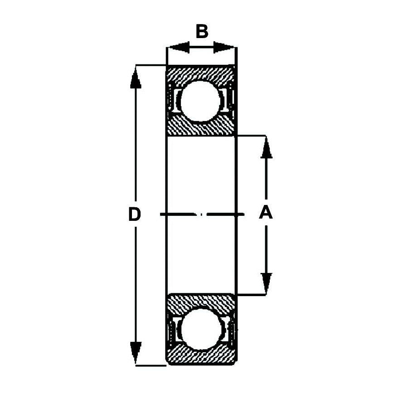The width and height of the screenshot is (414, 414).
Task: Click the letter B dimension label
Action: [x=202, y=31]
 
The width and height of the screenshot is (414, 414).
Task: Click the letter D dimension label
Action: [x=134, y=214]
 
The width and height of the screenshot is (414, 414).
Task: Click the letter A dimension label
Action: [x=266, y=213]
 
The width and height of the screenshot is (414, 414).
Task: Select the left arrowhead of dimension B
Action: [x=179, y=47]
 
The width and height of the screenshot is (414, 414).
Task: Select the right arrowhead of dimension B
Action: [x=224, y=47]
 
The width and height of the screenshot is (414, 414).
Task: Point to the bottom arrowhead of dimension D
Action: [x=136, y=353]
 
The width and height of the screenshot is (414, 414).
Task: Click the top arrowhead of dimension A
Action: [x=266, y=147]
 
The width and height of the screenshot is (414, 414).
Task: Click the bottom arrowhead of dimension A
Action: [x=266, y=283]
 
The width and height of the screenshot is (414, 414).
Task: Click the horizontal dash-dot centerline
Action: [x=202, y=214]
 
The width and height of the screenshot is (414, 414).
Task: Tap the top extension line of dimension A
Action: [x=251, y=136]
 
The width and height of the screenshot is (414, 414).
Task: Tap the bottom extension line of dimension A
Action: [x=251, y=294]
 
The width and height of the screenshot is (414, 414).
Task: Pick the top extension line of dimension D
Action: [x=151, y=65]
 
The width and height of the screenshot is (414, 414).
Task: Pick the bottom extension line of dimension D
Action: [x=151, y=365]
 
